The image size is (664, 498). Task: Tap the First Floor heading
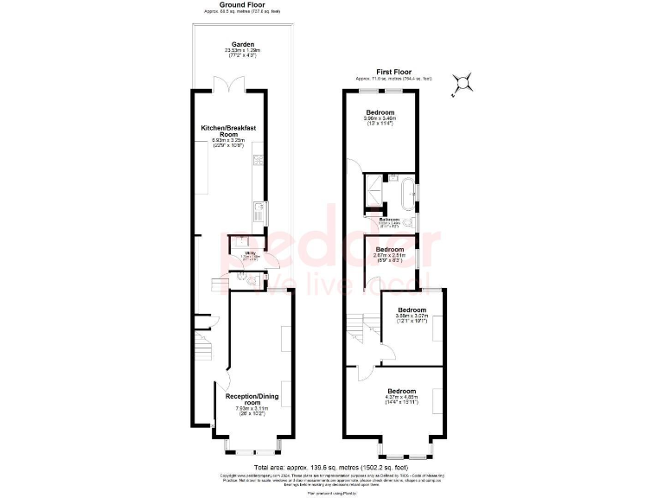point(393,73)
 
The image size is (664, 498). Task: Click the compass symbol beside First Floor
point(465,83)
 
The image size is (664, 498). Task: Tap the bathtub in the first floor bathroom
point(406,195)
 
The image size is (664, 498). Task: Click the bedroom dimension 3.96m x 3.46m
point(380,118)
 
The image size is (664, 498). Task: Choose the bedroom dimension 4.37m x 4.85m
point(403,397)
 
